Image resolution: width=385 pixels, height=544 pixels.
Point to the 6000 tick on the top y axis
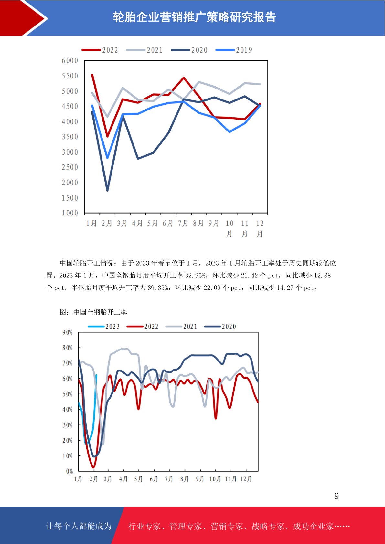point(70,61)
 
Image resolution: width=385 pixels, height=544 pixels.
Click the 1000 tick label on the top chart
point(70,213)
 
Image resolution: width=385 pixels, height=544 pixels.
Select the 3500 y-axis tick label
point(70,137)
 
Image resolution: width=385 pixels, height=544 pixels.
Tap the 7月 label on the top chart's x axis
point(183,224)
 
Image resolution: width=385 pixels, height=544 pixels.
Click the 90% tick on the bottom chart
point(68,332)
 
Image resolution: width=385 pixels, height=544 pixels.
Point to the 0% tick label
point(69,471)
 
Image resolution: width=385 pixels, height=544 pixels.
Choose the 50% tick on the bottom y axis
point(68,394)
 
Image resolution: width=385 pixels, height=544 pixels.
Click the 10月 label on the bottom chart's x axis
point(215,479)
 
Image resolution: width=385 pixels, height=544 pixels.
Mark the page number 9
point(337,496)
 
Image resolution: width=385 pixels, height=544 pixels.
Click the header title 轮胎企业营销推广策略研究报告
point(195,17)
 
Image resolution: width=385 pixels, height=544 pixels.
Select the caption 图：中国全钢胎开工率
point(93,312)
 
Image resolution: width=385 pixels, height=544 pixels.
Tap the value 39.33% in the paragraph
point(158,288)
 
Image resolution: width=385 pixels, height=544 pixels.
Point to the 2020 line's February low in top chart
point(107,190)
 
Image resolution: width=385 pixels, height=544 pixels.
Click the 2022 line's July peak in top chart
point(184,78)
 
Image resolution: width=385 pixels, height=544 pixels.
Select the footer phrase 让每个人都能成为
point(79,526)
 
